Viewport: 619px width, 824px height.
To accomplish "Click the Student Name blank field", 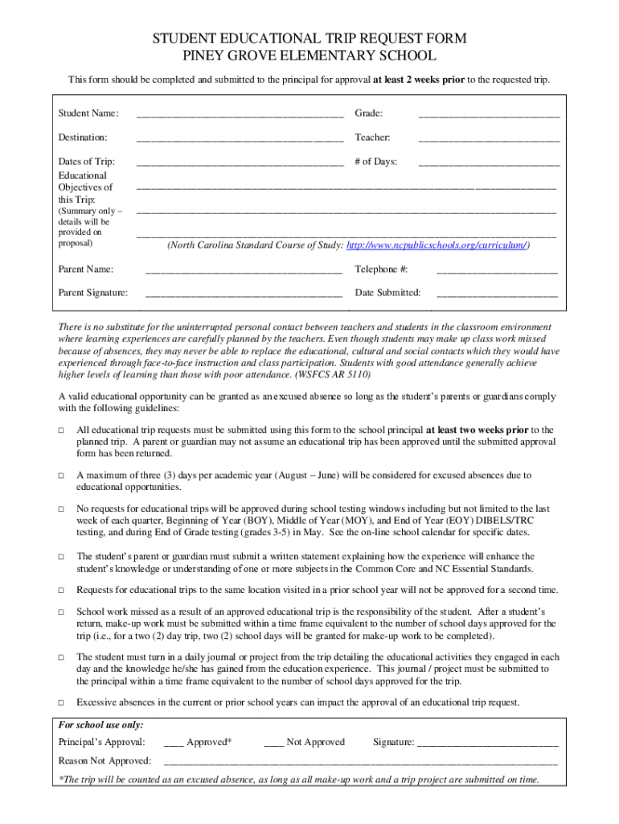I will coord(240,115).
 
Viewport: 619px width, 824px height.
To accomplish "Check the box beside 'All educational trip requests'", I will coord(61,431).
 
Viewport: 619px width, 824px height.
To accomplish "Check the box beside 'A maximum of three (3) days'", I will coord(61,476).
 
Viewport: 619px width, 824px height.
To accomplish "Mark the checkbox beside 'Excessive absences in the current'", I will coord(61,702).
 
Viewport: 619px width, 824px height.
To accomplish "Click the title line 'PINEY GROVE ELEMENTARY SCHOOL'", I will coord(309,56).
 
